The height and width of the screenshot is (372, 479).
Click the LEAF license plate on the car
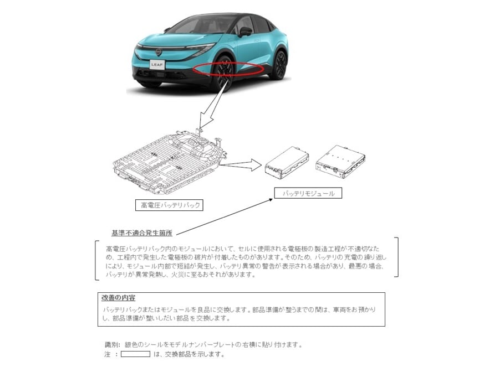pyautogui.click(x=157, y=64)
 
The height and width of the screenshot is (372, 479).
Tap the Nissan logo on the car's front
pyautogui.click(x=158, y=52)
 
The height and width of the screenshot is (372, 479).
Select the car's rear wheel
pyautogui.click(x=279, y=65)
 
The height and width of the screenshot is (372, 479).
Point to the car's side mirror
pyautogui.click(x=246, y=32)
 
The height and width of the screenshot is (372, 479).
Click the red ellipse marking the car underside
pyautogui.click(x=229, y=68)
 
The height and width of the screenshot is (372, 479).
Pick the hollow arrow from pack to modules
pyautogui.click(x=241, y=164)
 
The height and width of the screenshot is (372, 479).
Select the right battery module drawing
pyautogui.click(x=340, y=162)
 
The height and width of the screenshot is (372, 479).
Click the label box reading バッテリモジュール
pyautogui.click(x=308, y=193)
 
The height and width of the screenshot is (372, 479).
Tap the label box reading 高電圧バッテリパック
pyautogui.click(x=169, y=205)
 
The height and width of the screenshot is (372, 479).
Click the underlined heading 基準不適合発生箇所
pyautogui.click(x=142, y=233)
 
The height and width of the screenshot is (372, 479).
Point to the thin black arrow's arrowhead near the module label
pyautogui.click(x=271, y=200)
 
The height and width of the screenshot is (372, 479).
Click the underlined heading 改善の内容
pyautogui.click(x=119, y=298)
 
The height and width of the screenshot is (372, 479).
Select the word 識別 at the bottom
pyautogui.click(x=112, y=345)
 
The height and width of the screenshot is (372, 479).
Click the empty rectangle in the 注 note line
pyautogui.click(x=136, y=354)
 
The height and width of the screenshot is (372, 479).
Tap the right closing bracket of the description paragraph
pyautogui.click(x=396, y=257)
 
